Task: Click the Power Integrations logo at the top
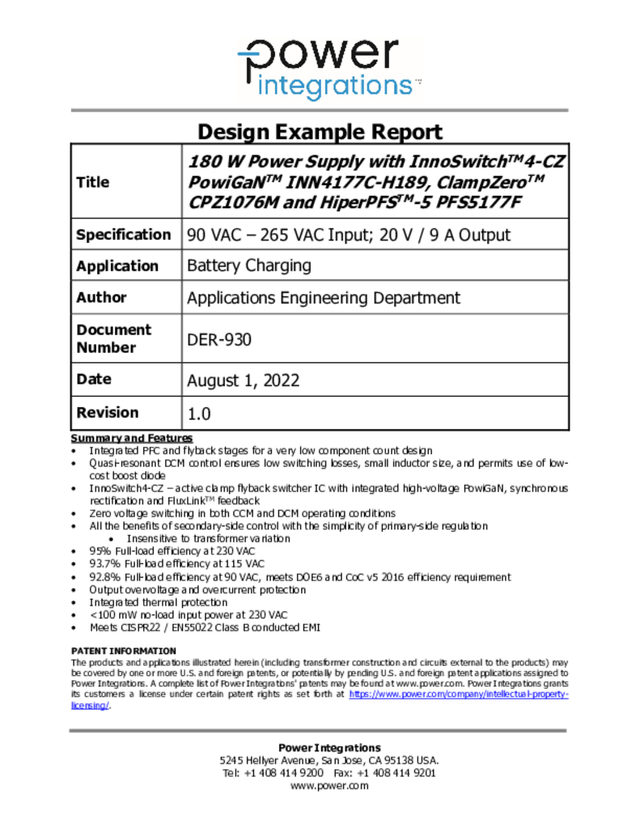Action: pyautogui.click(x=328, y=69)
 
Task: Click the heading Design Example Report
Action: pyautogui.click(x=320, y=132)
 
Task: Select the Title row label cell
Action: pyautogui.click(x=92, y=182)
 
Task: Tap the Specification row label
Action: pyautogui.click(x=123, y=235)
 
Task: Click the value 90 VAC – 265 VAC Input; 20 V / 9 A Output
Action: pyautogui.click(x=349, y=236)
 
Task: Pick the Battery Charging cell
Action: pyautogui.click(x=248, y=266)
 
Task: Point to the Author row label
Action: pyautogui.click(x=101, y=297)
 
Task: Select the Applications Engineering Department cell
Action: pyautogui.click(x=323, y=297)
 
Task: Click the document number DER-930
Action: pyautogui.click(x=218, y=339)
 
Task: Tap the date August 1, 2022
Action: pyautogui.click(x=243, y=380)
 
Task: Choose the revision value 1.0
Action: pyautogui.click(x=199, y=414)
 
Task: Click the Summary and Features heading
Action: pyautogui.click(x=132, y=438)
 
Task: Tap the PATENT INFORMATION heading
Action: pyautogui.click(x=123, y=651)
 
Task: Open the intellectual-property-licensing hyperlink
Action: pyautogui.click(x=458, y=695)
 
